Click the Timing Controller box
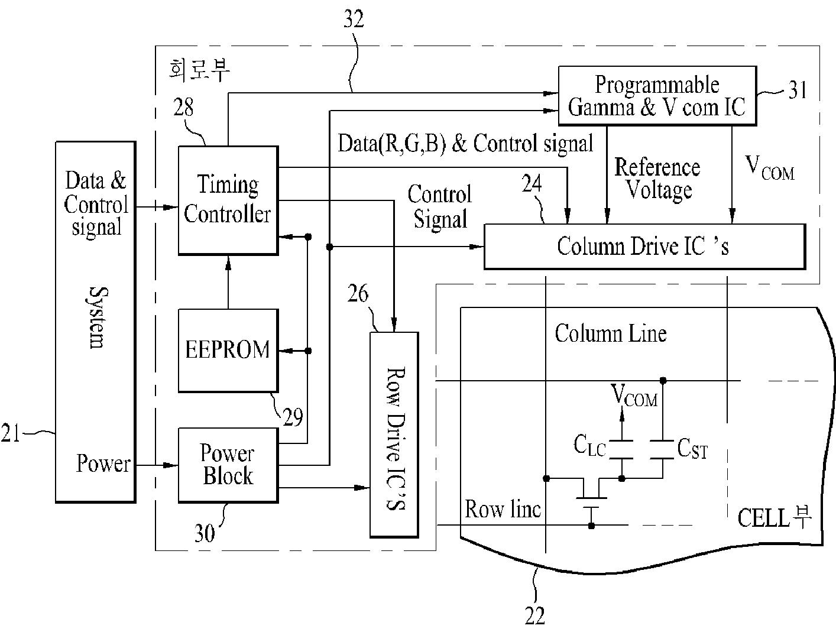[x=228, y=200]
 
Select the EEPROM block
[x=228, y=350]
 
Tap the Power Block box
[x=228, y=465]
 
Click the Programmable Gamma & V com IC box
[x=657, y=96]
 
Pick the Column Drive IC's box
[x=644, y=247]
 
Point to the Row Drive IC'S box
[x=394, y=435]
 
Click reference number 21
[x=10, y=433]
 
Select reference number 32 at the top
[x=354, y=19]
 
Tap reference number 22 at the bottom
[x=534, y=615]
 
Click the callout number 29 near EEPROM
[x=293, y=417]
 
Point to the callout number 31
[x=797, y=90]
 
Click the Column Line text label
[x=611, y=333]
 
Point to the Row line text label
[x=503, y=509]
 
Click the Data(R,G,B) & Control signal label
[x=465, y=144]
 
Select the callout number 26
[x=358, y=294]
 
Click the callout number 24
[x=532, y=183]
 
